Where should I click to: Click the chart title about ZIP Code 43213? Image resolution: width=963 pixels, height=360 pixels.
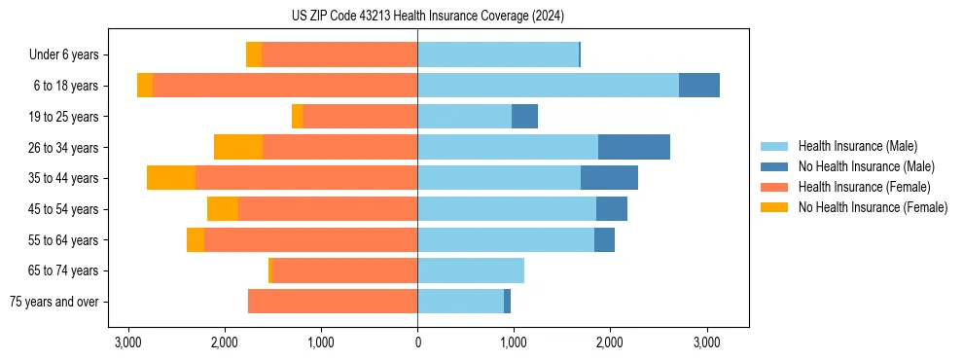pos(427,17)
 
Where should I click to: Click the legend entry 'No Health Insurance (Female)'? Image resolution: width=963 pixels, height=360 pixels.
pos(872,207)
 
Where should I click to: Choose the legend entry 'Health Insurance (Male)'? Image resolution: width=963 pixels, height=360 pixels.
pos(857,146)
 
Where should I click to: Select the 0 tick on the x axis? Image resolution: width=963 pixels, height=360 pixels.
pos(417,342)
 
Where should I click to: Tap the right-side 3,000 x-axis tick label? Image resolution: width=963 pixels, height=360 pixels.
pos(706,342)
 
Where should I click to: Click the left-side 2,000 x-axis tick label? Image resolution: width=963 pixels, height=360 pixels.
pos(225,342)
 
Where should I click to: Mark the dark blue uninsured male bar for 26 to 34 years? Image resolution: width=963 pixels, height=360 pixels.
pos(633,147)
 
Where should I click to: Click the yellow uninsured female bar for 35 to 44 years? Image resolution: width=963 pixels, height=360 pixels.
pos(171,178)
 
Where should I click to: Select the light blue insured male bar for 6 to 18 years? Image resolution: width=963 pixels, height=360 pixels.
pos(548,86)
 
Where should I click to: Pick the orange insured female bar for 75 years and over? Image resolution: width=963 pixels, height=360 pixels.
pos(333,302)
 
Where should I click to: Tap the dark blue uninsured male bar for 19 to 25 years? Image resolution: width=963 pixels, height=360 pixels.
pos(524,117)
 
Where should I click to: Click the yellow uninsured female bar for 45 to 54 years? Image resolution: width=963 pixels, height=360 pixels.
pos(223,209)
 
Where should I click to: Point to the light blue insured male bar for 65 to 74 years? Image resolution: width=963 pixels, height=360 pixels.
pos(471,270)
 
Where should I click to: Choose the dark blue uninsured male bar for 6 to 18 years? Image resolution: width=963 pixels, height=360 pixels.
pos(698,86)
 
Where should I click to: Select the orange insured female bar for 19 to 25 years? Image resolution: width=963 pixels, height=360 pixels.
pos(360,117)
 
